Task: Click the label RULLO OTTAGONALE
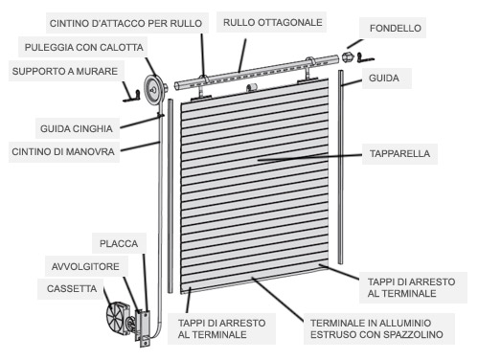pyautogui.click(x=272, y=22)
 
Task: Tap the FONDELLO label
pyautogui.click(x=396, y=28)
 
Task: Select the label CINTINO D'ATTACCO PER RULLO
pyautogui.click(x=125, y=23)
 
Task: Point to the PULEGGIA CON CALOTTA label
pyautogui.click(x=84, y=47)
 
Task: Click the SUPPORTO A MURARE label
pyautogui.click(x=65, y=71)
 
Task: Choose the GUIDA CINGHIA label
pyautogui.click(x=77, y=128)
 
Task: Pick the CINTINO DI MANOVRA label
pyautogui.click(x=63, y=151)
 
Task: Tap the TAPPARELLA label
pyautogui.click(x=399, y=153)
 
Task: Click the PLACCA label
pyautogui.click(x=119, y=244)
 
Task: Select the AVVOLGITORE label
pyautogui.click(x=85, y=266)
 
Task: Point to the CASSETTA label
pyautogui.click(x=72, y=288)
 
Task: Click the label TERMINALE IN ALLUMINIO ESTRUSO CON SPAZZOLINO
pyautogui.click(x=376, y=328)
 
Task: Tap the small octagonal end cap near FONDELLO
pyautogui.click(x=348, y=57)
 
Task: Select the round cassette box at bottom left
pyautogui.click(x=118, y=318)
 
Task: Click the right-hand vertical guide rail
pyautogui.click(x=341, y=167)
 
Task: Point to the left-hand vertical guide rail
pyautogui.click(x=171, y=195)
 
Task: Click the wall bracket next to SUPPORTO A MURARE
pyautogui.click(x=131, y=96)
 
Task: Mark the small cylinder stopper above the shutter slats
pyautogui.click(x=252, y=87)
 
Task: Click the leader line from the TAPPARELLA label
pyautogui.click(x=309, y=157)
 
